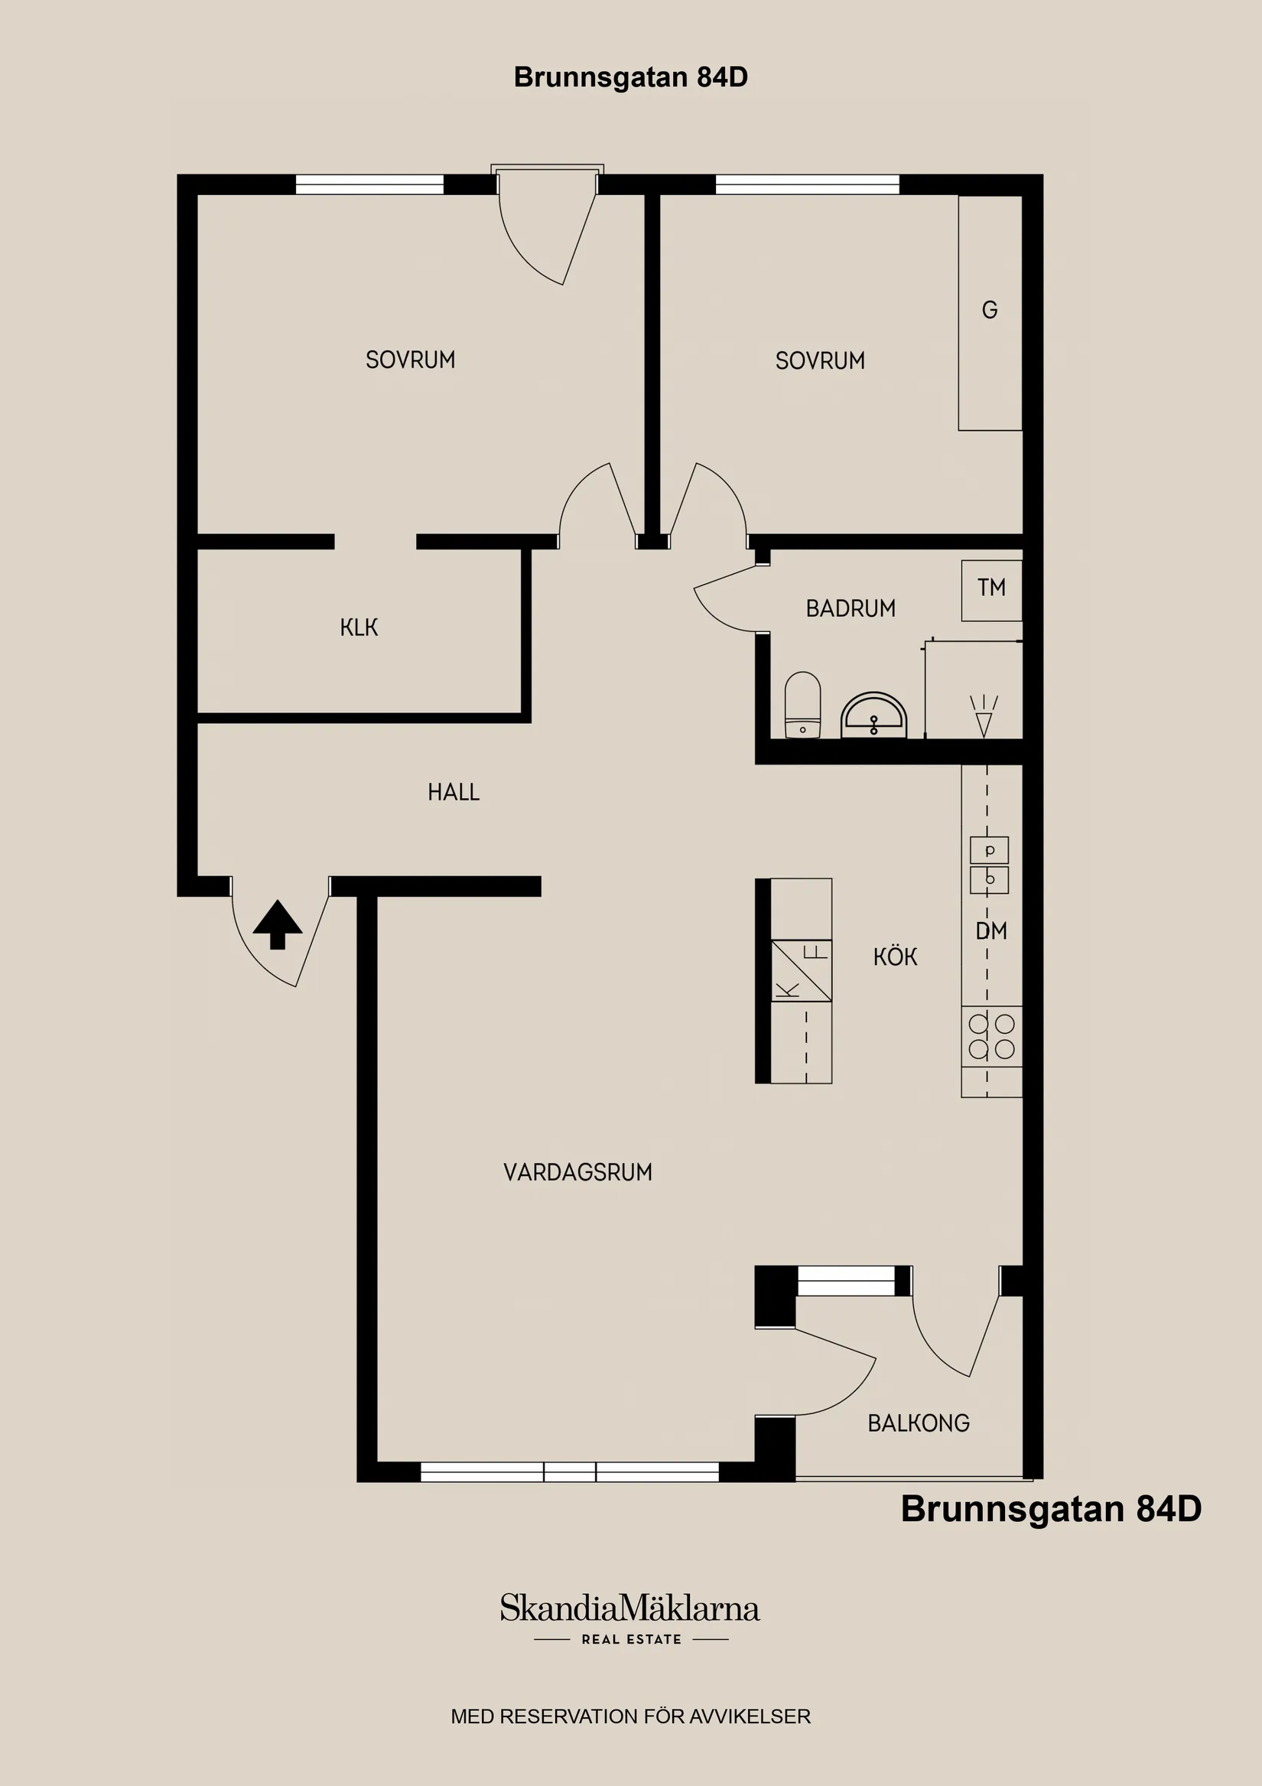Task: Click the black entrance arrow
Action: pos(278,924)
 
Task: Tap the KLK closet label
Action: pos(359,627)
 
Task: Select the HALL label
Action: pos(454,792)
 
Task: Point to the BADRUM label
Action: pos(851,608)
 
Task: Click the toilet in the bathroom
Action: pos(802,705)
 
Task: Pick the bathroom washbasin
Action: pos(874,715)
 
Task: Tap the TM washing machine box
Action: pos(991,591)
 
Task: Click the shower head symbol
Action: pos(984,716)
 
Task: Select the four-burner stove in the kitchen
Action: pos(991,1037)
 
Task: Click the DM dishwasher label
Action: pos(991,930)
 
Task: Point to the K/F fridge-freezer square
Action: pos(802,971)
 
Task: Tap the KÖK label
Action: pos(895,957)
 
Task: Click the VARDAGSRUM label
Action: pos(577,1172)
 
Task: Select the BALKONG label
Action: pos(919,1423)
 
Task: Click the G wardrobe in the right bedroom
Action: pos(990,313)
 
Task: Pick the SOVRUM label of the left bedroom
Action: pos(411,360)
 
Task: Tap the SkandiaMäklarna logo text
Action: pos(629,1608)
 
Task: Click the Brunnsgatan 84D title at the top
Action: pos(630,77)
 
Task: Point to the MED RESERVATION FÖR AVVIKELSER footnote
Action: pos(630,1716)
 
